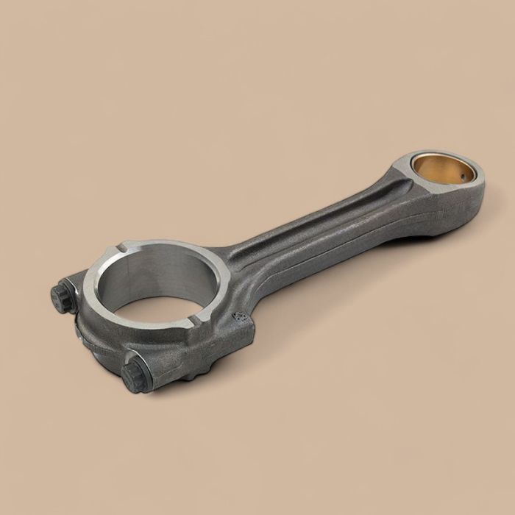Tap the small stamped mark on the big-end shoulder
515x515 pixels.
point(238,317)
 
